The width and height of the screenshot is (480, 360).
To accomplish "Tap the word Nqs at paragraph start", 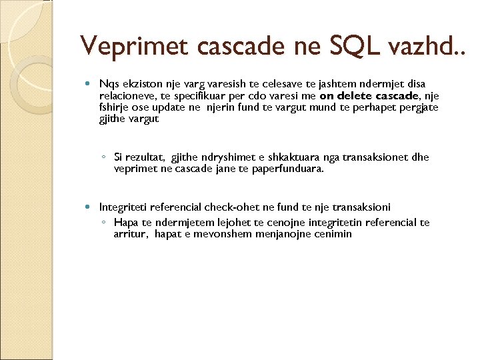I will [x=108, y=84].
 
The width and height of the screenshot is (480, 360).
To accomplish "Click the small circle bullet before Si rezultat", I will [x=104, y=158].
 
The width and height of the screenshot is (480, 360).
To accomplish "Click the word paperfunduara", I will [x=291, y=169].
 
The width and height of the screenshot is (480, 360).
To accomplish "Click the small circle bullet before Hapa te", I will [x=104, y=223].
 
